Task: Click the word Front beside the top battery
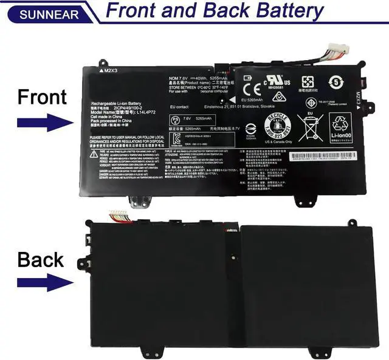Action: [42, 97]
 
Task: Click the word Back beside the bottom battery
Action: [40, 260]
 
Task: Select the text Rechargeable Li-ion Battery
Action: [115, 103]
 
